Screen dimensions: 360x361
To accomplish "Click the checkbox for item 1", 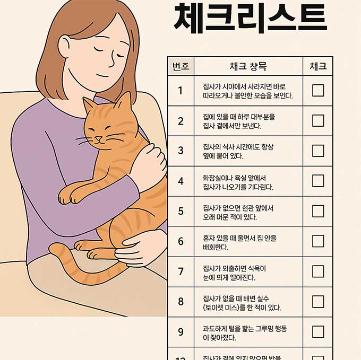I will [317, 90].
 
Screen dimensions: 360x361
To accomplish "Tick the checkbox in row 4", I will [317, 181].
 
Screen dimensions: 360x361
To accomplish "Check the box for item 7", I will [317, 271].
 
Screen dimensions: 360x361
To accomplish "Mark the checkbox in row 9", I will [317, 332].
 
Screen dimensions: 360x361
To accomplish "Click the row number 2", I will [180, 121].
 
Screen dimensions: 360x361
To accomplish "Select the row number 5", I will [180, 211].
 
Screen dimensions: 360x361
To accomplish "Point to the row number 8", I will [180, 302].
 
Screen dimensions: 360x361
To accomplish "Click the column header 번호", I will [180, 66].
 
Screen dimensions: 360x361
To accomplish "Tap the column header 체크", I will [317, 66].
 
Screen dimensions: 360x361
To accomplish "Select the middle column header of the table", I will [248, 66].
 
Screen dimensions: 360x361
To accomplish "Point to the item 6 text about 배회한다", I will [239, 242].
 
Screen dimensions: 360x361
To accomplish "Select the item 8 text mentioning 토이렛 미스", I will [242, 302].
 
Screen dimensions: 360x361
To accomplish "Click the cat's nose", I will [98, 139].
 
